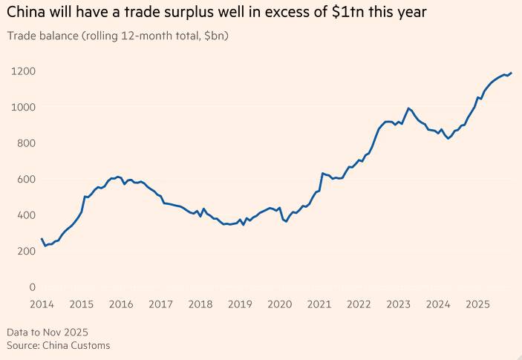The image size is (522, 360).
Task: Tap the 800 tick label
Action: [x=25, y=143]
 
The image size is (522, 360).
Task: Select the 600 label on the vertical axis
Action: [x=25, y=179]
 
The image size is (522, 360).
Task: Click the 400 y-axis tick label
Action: [x=25, y=215]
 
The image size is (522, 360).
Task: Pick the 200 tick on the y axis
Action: [x=25, y=251]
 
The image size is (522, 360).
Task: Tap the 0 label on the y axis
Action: [x=32, y=287]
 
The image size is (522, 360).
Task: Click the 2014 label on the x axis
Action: [x=41, y=304]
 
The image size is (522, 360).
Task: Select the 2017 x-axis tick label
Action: [x=160, y=304]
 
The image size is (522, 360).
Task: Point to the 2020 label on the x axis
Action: [x=279, y=304]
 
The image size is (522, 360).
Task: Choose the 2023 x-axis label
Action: [x=399, y=304]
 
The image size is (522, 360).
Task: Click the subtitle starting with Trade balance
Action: [x=117, y=36]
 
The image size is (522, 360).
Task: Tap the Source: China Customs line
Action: [x=58, y=345]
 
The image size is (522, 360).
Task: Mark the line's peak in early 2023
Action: [x=408, y=108]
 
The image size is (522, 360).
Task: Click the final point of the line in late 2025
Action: [x=512, y=73]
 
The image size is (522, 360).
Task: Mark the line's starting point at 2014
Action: [x=41, y=238]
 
